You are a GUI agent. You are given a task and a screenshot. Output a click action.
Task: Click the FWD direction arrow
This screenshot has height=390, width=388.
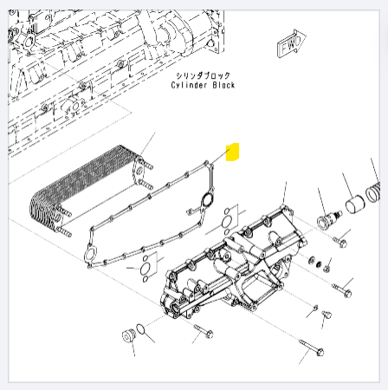(x=291, y=43)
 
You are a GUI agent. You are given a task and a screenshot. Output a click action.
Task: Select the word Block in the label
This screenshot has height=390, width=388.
(x=223, y=85)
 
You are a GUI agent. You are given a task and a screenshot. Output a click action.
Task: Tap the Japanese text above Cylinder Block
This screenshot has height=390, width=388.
(x=204, y=75)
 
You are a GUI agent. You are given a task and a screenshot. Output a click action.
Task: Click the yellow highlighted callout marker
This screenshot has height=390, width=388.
(x=232, y=152)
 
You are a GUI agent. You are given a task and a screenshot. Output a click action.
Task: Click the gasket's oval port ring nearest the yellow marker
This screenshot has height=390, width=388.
(x=207, y=199)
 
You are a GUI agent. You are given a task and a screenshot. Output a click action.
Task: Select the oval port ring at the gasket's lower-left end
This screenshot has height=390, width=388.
(x=90, y=255)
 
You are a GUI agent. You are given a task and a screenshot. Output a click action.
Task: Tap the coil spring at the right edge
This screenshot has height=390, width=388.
(x=373, y=192)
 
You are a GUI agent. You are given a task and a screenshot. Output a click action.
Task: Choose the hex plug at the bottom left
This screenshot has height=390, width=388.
(x=127, y=335)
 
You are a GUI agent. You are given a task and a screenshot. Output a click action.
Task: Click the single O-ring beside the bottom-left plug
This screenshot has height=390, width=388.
(x=140, y=329)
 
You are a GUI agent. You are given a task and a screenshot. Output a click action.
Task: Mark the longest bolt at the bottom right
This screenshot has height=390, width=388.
(x=312, y=348)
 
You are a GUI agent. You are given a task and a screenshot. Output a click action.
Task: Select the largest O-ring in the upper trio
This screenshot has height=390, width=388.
(x=226, y=222)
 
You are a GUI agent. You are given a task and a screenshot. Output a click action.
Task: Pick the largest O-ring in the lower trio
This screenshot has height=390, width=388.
(x=145, y=269)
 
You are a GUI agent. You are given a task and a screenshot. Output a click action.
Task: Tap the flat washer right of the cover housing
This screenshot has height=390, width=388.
(x=312, y=260)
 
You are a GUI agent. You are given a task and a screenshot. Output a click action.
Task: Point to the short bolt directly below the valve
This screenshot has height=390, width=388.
(x=339, y=242)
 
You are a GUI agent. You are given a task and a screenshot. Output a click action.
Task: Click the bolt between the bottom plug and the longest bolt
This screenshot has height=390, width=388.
(x=204, y=331)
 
